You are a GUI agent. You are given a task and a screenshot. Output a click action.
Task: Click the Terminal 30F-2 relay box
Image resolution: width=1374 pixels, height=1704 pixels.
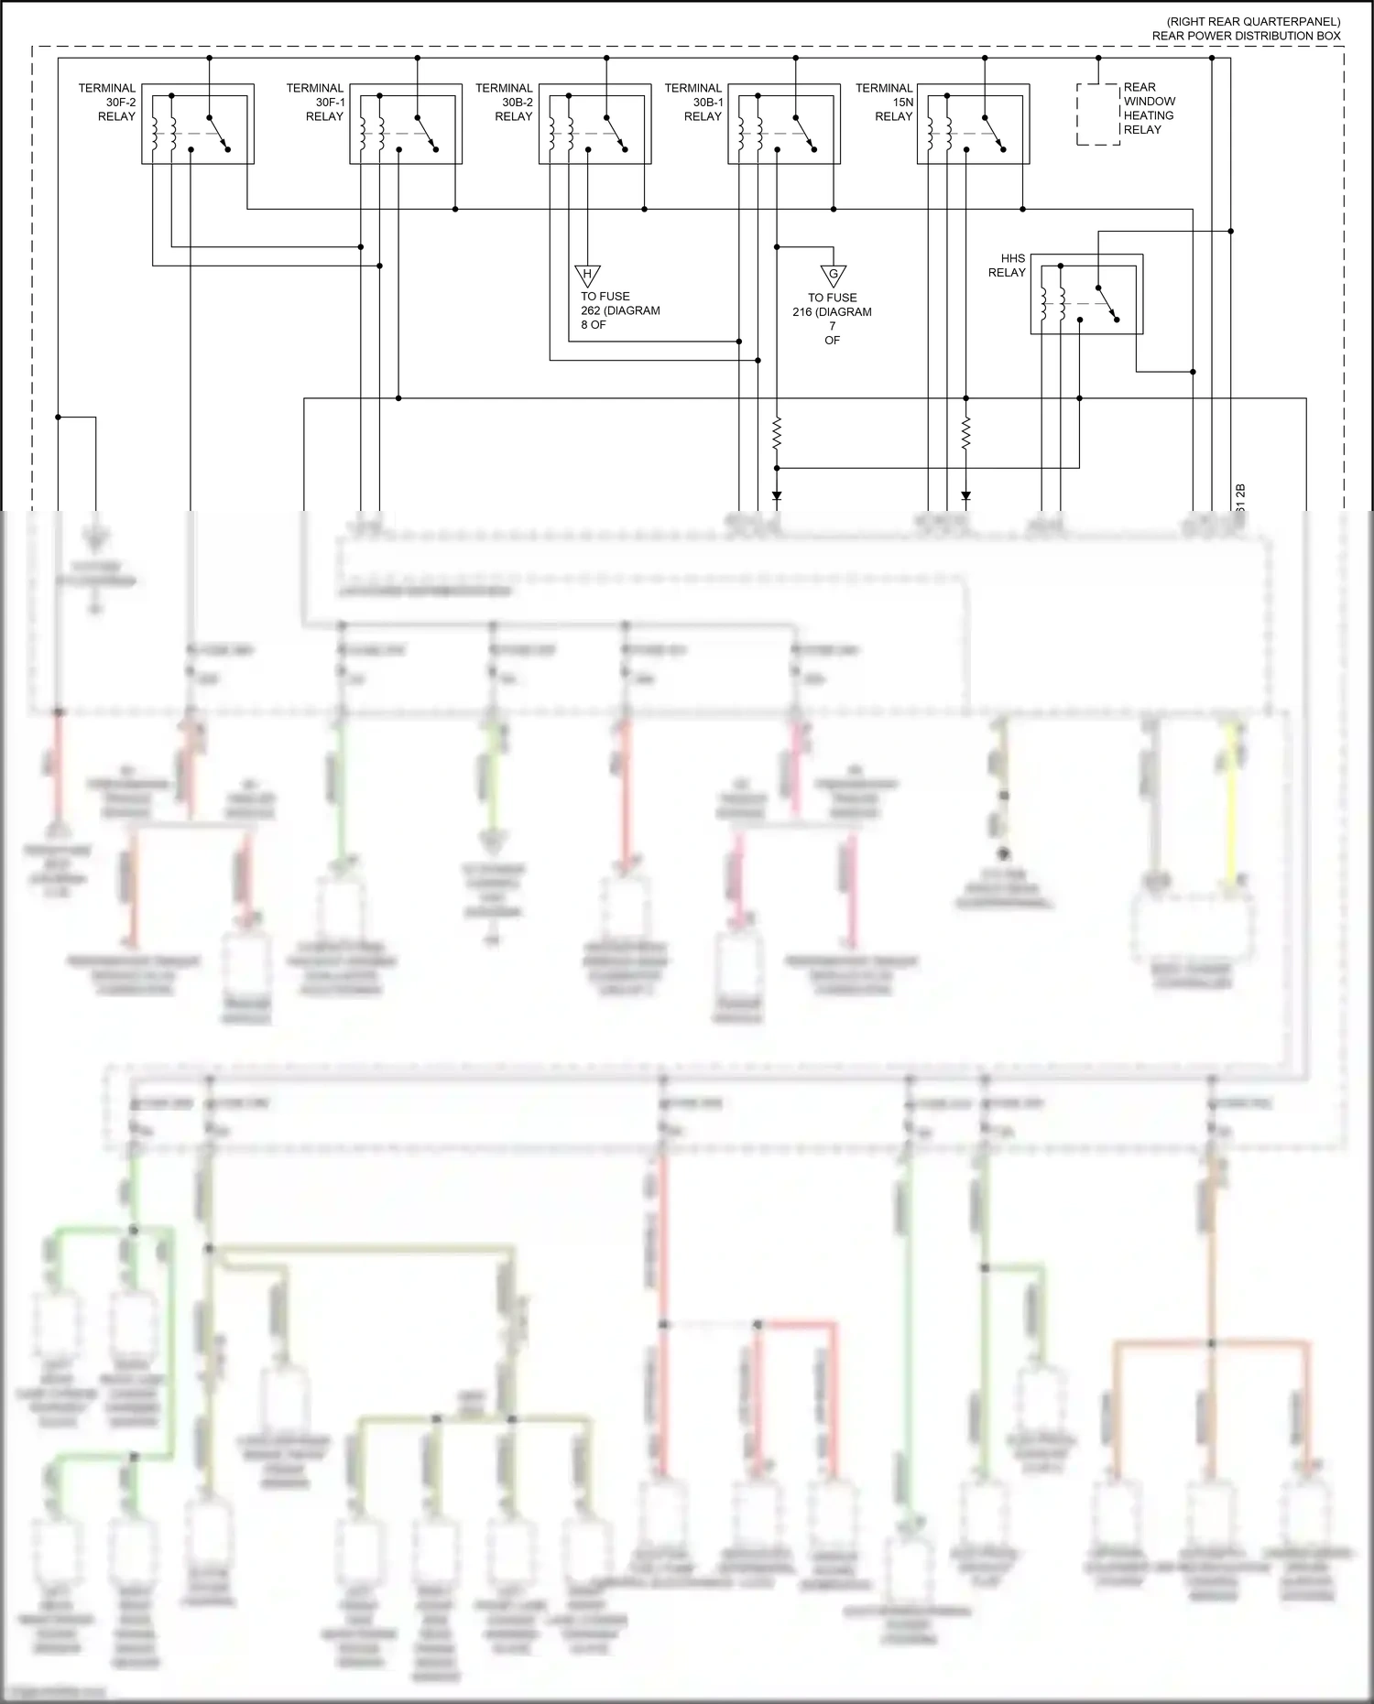tap(198, 125)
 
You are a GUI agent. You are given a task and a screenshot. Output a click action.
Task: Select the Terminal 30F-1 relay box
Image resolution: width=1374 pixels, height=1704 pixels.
tap(406, 125)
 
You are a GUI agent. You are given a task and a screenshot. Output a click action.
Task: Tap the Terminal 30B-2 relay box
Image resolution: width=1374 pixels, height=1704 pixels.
tap(595, 125)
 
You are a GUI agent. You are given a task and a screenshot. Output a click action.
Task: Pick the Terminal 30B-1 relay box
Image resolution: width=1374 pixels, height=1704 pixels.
tap(784, 125)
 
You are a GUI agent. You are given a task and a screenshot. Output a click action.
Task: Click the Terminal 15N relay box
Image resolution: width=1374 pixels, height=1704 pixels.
tap(974, 125)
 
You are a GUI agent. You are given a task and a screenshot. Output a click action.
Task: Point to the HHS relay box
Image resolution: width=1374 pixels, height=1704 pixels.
tap(1087, 294)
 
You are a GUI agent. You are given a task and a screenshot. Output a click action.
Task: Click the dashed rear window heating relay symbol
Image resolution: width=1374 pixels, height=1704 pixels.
tap(1098, 114)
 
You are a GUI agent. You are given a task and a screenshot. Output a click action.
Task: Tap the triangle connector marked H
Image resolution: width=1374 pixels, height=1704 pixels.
tap(587, 275)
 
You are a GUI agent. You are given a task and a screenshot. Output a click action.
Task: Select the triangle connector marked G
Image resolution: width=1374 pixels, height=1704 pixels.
tap(833, 276)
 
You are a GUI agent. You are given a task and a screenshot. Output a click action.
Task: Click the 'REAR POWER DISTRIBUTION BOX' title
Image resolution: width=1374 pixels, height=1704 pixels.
tap(1246, 36)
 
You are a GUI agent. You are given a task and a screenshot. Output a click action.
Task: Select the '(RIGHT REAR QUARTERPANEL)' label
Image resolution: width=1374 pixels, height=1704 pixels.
tap(1252, 21)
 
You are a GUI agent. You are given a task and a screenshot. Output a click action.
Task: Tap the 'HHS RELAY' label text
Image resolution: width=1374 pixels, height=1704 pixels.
tap(1007, 266)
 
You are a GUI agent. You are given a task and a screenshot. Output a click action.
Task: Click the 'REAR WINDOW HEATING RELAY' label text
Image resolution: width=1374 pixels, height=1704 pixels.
tap(1149, 108)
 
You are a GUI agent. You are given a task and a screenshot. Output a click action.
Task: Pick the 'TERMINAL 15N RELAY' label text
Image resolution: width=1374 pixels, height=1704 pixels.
tap(884, 103)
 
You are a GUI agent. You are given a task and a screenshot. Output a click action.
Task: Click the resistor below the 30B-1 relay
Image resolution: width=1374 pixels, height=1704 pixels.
tap(777, 433)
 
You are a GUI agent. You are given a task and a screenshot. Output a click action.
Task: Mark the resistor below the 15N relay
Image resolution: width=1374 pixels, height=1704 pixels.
tap(965, 433)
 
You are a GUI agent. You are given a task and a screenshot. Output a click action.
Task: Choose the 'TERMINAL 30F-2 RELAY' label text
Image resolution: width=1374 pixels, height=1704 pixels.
tap(107, 103)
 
